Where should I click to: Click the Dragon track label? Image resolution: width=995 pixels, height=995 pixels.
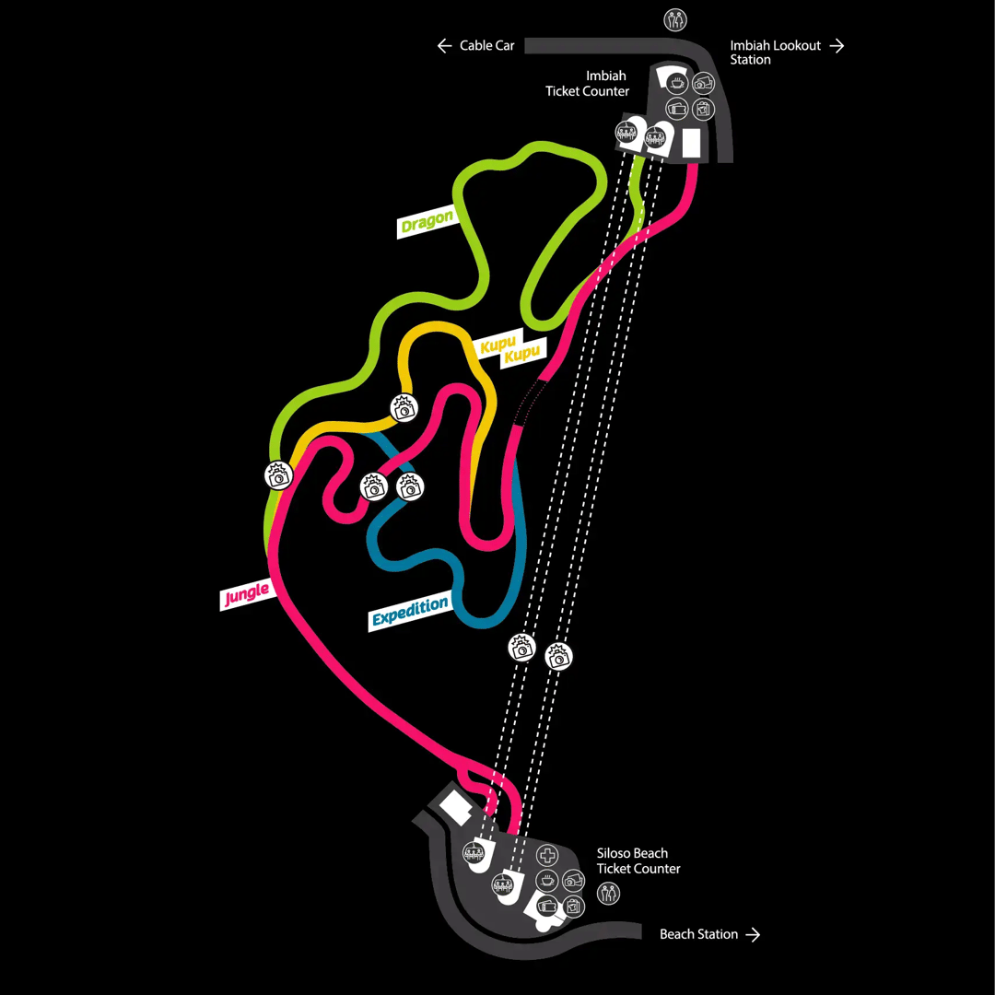tap(427, 220)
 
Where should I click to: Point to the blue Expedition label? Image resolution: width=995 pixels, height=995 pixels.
tap(411, 612)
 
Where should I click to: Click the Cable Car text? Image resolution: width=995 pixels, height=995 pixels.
tap(486, 45)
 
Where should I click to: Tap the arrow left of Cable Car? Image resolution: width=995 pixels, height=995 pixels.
tap(444, 45)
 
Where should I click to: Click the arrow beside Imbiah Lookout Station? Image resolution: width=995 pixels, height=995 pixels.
tap(837, 45)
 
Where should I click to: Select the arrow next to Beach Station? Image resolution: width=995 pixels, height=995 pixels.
tap(754, 934)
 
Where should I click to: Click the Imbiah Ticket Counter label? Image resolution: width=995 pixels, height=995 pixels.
tap(588, 84)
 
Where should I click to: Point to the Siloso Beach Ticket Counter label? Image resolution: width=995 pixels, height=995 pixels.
tap(638, 860)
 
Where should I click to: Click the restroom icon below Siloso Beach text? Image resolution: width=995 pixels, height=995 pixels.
tap(608, 893)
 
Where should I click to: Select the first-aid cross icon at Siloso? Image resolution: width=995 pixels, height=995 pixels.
tap(548, 855)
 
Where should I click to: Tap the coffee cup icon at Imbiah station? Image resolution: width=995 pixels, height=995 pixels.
tap(677, 83)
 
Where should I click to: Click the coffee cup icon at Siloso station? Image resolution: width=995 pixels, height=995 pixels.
tap(548, 881)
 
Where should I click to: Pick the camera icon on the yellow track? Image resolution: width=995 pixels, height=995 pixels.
tap(403, 408)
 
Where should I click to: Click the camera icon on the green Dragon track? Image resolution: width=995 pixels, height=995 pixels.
tap(277, 474)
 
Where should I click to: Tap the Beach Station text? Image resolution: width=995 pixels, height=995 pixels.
tap(698, 934)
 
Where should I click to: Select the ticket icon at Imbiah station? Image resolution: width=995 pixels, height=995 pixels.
tap(677, 109)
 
